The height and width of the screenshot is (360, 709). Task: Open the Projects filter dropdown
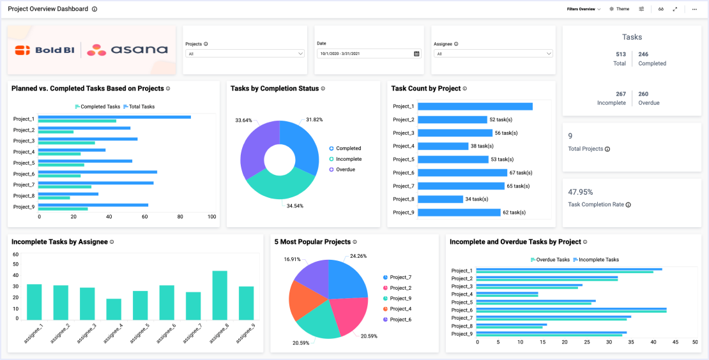(x=245, y=54)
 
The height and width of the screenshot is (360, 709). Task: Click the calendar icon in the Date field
(x=416, y=54)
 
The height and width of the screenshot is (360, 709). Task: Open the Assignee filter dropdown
(x=493, y=54)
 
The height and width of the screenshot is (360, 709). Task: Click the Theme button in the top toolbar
(x=619, y=9)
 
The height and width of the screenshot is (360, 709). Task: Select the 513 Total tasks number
(x=620, y=55)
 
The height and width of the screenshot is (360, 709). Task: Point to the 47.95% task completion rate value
(x=581, y=191)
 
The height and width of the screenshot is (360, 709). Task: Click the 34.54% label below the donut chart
(x=295, y=206)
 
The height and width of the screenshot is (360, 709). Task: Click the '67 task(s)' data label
(x=521, y=173)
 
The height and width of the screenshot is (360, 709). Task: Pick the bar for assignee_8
(x=220, y=296)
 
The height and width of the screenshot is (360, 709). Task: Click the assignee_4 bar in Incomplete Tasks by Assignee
(x=114, y=310)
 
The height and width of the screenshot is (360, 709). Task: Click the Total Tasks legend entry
(x=139, y=107)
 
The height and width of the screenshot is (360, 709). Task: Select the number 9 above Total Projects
(x=570, y=136)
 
